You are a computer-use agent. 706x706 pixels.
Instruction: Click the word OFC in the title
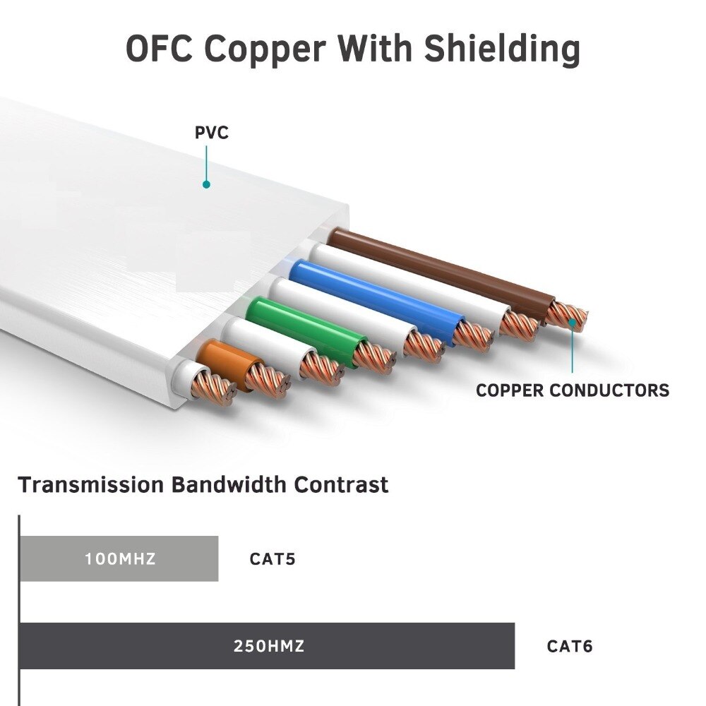(162, 49)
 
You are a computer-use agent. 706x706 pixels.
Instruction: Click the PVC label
(212, 133)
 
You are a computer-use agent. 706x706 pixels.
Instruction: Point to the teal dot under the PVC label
(206, 184)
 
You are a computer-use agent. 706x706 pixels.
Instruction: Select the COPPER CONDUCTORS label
(572, 390)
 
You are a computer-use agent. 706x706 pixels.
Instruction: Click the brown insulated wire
(438, 269)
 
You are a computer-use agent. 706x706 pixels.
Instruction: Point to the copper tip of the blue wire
(472, 335)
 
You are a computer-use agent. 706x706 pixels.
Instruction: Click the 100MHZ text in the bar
(120, 559)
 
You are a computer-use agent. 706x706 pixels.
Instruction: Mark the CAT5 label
(273, 559)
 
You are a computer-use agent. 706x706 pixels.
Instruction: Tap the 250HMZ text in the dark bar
(269, 645)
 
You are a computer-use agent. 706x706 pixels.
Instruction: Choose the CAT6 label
(570, 645)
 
